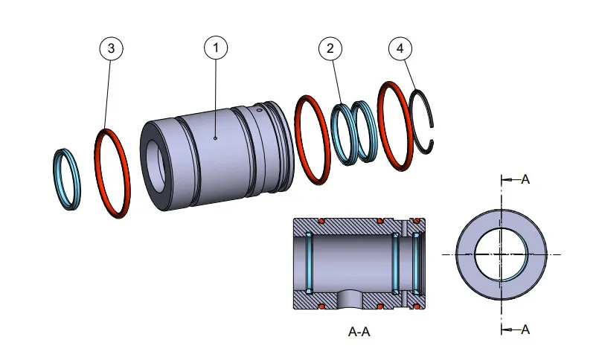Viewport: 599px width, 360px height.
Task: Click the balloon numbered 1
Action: point(216,48)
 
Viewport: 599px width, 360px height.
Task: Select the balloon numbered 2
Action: point(330,48)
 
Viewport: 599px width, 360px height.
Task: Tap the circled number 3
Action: point(111,48)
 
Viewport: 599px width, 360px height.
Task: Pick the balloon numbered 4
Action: point(400,48)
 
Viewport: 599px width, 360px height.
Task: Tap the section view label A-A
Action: point(359,332)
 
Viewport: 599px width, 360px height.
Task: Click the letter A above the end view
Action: point(525,179)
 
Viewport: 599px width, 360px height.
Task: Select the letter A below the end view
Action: point(525,330)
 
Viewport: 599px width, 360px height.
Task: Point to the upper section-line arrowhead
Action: point(505,179)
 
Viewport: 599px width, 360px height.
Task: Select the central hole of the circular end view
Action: point(502,254)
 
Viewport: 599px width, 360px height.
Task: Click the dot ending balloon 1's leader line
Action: point(215,138)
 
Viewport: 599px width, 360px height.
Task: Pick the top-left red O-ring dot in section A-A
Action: point(321,222)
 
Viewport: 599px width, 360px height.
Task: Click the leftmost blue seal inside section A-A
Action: point(307,264)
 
